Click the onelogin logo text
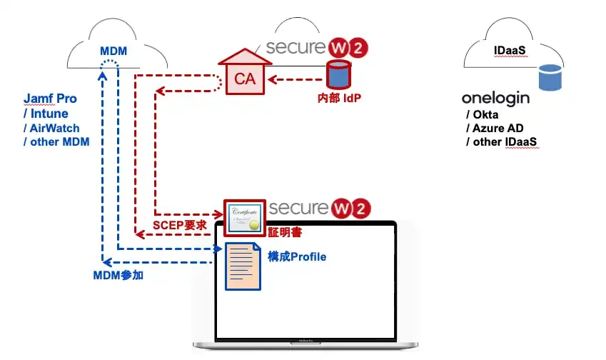495,99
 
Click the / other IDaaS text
502,143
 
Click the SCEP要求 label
181,225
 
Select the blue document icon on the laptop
242,265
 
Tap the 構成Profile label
297,256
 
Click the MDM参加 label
119,274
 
